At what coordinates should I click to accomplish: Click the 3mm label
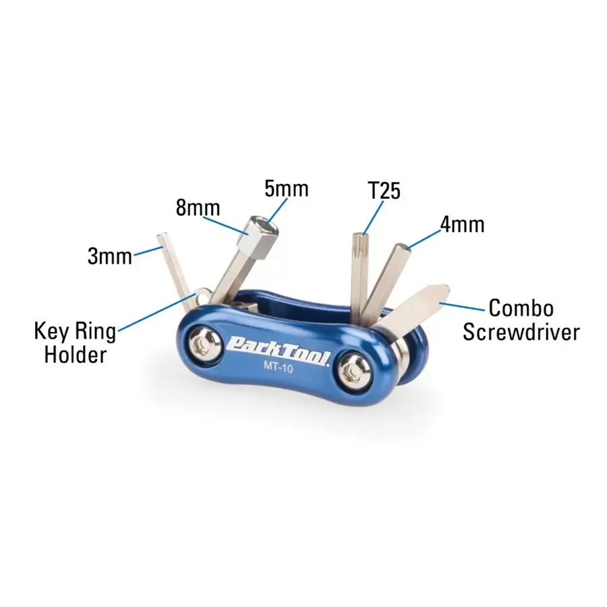point(109,256)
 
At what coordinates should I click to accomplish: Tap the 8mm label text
point(198,208)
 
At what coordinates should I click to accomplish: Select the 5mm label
point(287,189)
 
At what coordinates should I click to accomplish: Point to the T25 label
point(384,190)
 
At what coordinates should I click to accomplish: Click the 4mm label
point(462,225)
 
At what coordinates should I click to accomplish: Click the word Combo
point(521,308)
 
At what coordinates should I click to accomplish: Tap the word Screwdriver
point(521,332)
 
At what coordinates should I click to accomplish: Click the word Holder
point(75,355)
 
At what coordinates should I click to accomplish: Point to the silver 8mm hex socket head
point(258,237)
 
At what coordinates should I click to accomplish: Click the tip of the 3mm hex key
point(161,235)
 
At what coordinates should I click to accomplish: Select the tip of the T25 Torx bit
point(362,234)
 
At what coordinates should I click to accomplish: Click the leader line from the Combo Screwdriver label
point(462,308)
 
